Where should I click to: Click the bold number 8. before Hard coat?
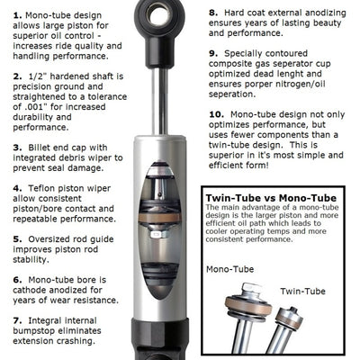point(214,13)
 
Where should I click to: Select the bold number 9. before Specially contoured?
point(214,53)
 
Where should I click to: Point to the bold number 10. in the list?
point(217,116)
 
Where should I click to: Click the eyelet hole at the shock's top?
point(159,15)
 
